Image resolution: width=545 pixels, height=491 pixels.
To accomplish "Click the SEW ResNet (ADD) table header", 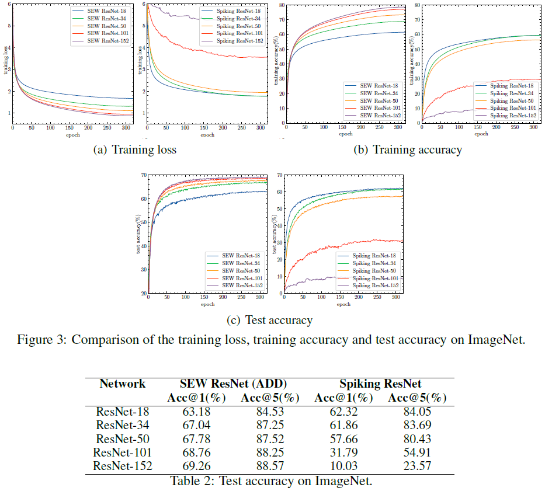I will click(x=232, y=384).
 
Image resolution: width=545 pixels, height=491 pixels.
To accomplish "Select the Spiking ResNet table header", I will click(x=381, y=384).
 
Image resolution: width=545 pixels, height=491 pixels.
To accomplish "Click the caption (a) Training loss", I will click(x=135, y=150).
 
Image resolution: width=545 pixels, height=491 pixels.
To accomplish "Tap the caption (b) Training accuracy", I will click(x=407, y=150).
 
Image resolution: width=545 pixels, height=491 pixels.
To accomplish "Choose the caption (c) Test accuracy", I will click(x=270, y=319).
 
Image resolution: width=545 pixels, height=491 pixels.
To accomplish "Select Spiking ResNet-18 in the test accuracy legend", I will click(x=375, y=255).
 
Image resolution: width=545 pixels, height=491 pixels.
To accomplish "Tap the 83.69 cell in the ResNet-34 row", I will click(x=417, y=425).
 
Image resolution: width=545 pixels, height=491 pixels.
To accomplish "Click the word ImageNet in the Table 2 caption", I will click(x=343, y=481).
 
